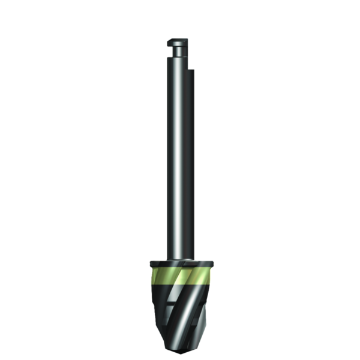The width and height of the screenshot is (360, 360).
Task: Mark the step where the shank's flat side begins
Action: (191, 70)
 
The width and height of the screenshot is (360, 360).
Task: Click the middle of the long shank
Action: (179, 162)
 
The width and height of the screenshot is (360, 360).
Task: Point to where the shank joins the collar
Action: (179, 259)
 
